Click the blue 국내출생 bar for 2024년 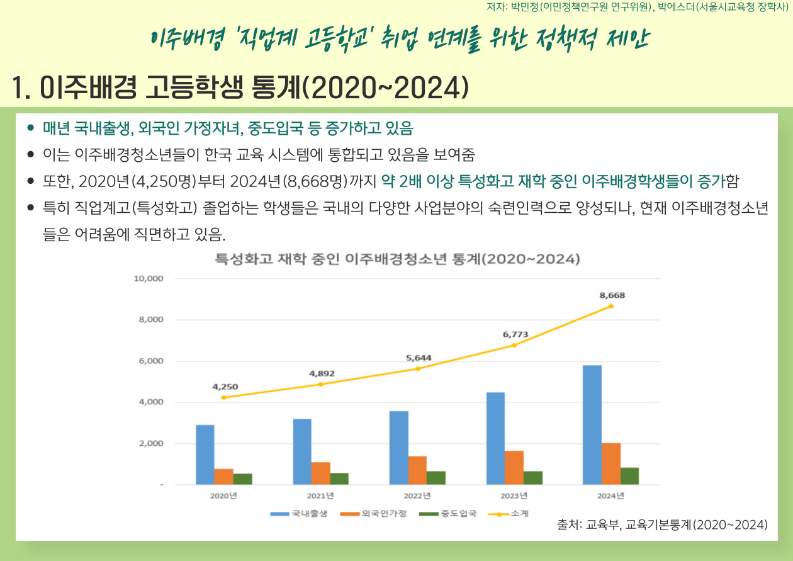coord(592,424)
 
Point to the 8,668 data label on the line coord(612,295)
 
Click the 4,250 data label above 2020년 coord(225,387)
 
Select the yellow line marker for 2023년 coord(514,345)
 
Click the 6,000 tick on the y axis coord(150,361)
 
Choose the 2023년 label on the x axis coord(514,496)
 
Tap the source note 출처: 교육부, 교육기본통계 coord(662,524)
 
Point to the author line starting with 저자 coord(638,8)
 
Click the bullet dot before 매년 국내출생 coord(30,128)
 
